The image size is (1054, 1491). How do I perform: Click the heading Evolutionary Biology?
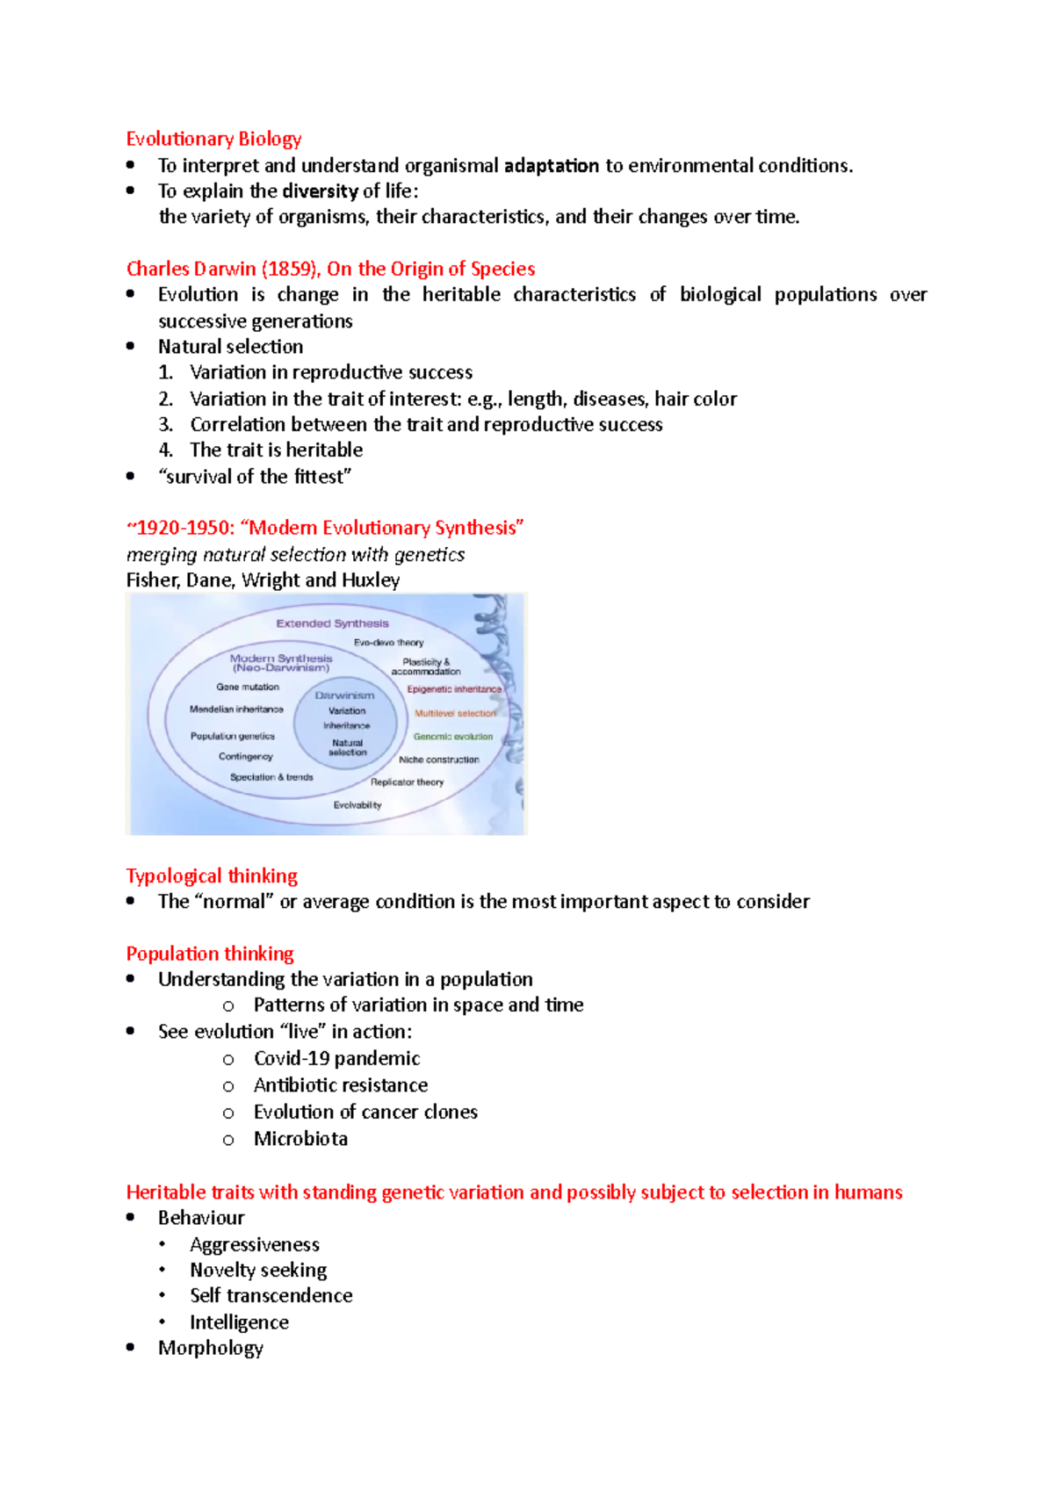click(x=213, y=139)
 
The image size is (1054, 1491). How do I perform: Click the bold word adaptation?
click(x=552, y=165)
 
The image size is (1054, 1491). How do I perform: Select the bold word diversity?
click(x=320, y=191)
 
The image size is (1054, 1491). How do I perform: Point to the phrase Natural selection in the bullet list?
click(x=230, y=347)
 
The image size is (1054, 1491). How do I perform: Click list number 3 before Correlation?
click(x=165, y=425)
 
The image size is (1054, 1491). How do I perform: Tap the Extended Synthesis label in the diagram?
click(x=332, y=623)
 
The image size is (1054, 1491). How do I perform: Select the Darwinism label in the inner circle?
click(x=344, y=695)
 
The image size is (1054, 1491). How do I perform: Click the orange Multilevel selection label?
click(x=455, y=714)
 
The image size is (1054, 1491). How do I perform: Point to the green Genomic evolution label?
click(x=453, y=737)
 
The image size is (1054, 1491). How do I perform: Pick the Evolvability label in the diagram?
click(x=357, y=805)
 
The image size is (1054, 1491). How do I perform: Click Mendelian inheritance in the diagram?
click(x=236, y=709)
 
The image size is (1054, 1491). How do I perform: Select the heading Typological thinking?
click(x=212, y=875)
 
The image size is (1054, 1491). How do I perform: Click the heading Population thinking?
click(x=210, y=954)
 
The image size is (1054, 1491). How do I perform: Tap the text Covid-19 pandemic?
click(x=336, y=1058)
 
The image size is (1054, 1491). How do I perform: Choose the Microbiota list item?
click(x=300, y=1139)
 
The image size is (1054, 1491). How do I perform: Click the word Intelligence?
click(x=239, y=1322)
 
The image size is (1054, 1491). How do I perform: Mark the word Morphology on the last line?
click(x=210, y=1348)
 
